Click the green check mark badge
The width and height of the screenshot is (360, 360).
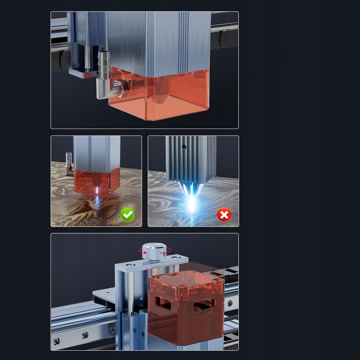(128, 215)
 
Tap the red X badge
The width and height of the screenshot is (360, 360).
(224, 215)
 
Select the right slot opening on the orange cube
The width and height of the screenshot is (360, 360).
(204, 304)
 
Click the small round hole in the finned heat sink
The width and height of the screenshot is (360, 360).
(184, 147)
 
